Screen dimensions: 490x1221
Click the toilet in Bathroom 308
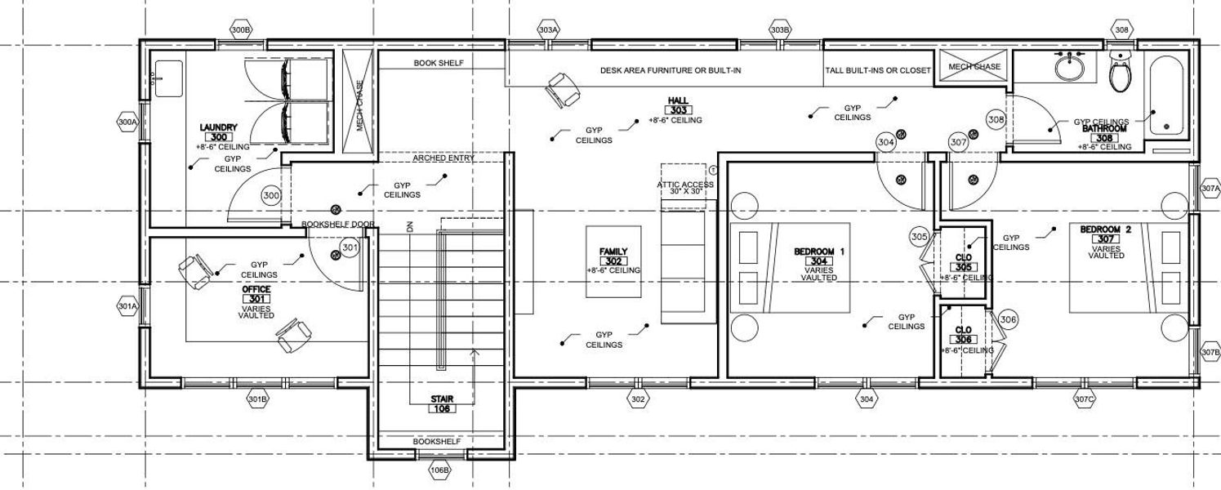tap(1120, 73)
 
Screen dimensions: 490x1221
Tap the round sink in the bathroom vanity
tap(1068, 67)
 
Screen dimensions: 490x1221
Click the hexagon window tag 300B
tap(241, 30)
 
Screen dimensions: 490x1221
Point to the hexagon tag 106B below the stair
tap(439, 470)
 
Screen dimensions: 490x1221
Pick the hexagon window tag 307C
tap(1084, 399)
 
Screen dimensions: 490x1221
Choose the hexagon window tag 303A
tap(549, 30)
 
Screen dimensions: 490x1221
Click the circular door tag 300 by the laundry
tap(271, 196)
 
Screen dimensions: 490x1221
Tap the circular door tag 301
tap(350, 247)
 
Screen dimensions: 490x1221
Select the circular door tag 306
tap(1008, 320)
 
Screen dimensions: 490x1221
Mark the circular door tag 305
tap(919, 237)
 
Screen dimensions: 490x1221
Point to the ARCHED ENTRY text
tap(443, 158)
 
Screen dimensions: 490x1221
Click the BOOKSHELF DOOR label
tap(338, 224)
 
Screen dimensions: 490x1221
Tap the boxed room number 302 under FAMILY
tap(613, 261)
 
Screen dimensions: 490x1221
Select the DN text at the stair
tap(410, 227)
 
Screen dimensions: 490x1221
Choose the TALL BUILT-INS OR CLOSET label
tap(878, 70)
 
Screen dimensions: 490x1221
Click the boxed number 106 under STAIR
tap(442, 408)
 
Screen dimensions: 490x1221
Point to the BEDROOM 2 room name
tap(1105, 229)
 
